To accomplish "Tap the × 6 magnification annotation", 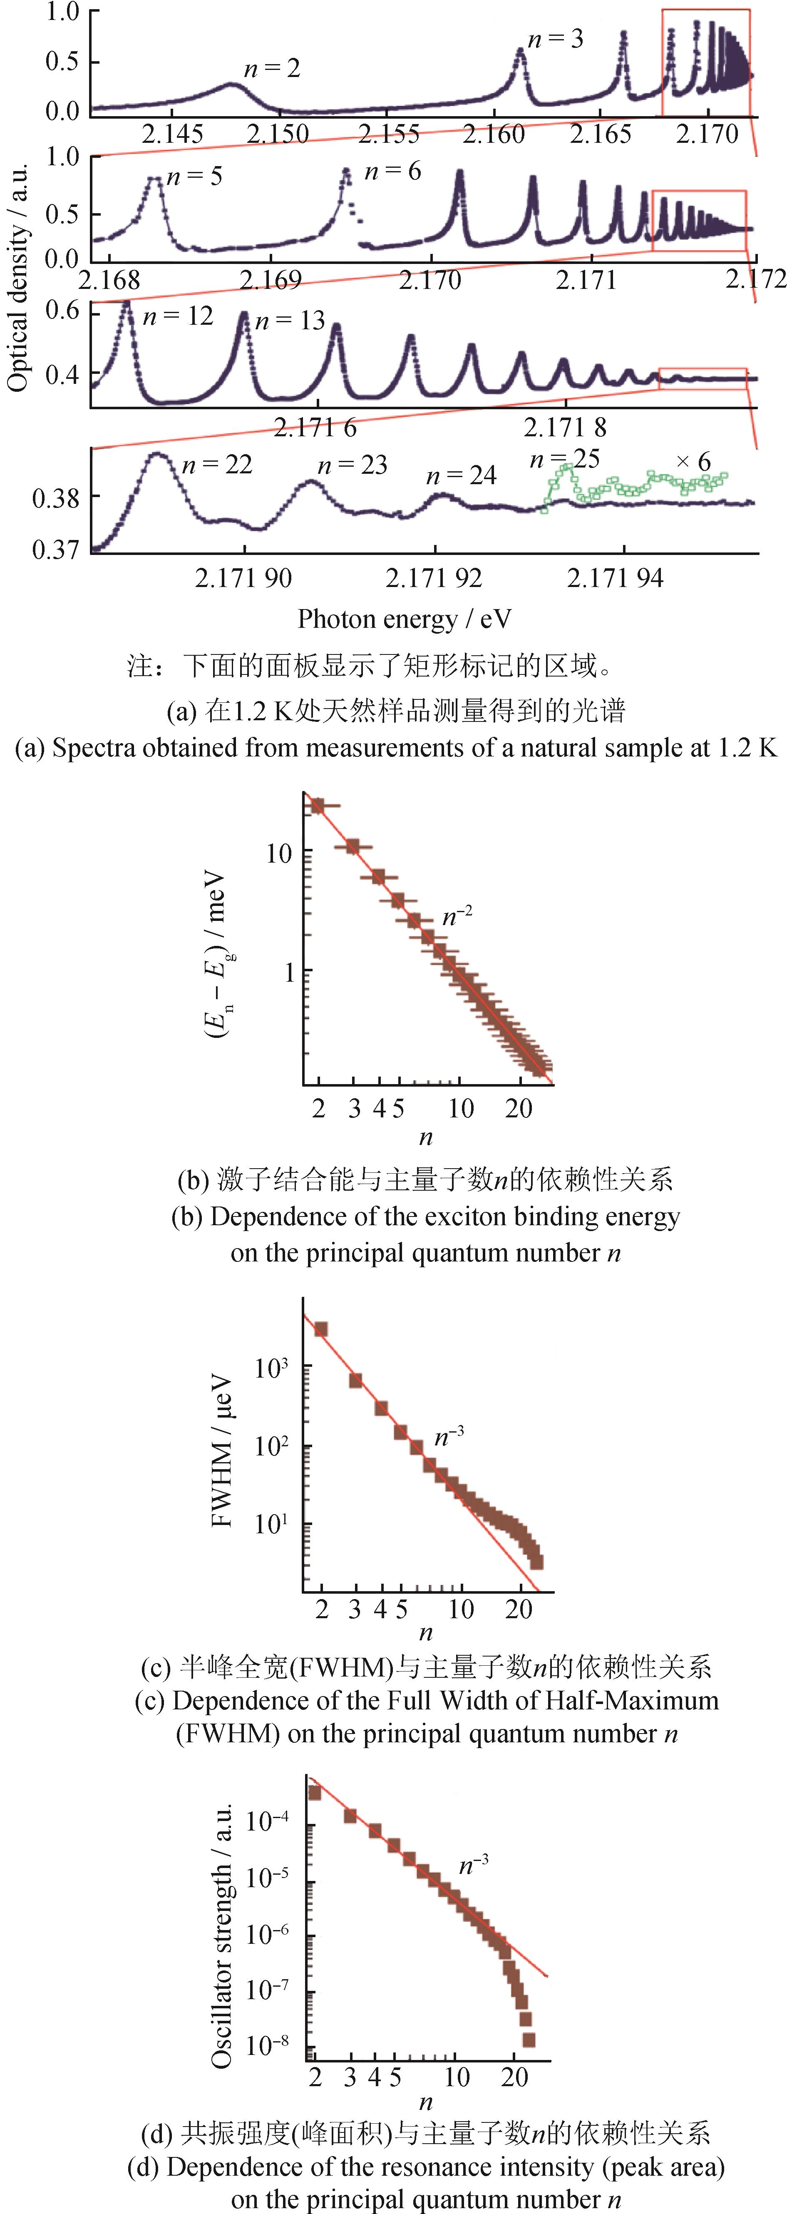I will click(x=693, y=463).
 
